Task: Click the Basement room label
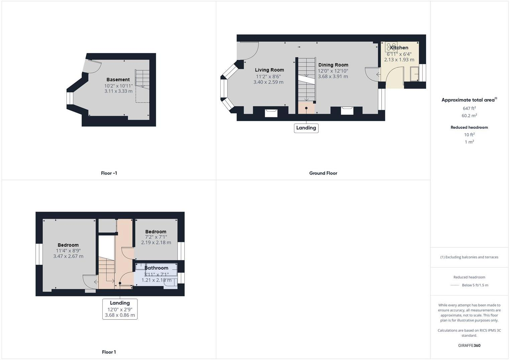click(x=118, y=80)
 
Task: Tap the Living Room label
click(x=269, y=70)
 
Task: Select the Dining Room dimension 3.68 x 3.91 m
click(x=333, y=77)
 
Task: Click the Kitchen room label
click(x=399, y=48)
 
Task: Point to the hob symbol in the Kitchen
click(x=391, y=46)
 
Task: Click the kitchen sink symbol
click(x=414, y=74)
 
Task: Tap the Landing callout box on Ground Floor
click(x=306, y=128)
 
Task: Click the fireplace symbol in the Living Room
click(x=271, y=113)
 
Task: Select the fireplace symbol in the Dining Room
click(x=347, y=111)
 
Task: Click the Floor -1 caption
click(x=109, y=173)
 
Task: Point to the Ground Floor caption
click(x=323, y=173)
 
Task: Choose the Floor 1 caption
click(x=109, y=352)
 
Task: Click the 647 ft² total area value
click(x=469, y=108)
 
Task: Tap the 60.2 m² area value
click(x=469, y=116)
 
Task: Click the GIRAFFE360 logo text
click(x=469, y=346)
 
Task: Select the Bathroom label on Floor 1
click(x=156, y=268)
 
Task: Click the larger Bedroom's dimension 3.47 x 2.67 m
click(x=68, y=256)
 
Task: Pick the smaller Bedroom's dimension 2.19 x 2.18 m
click(x=156, y=243)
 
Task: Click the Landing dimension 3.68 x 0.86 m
click(x=120, y=315)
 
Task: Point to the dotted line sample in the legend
click(x=455, y=285)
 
